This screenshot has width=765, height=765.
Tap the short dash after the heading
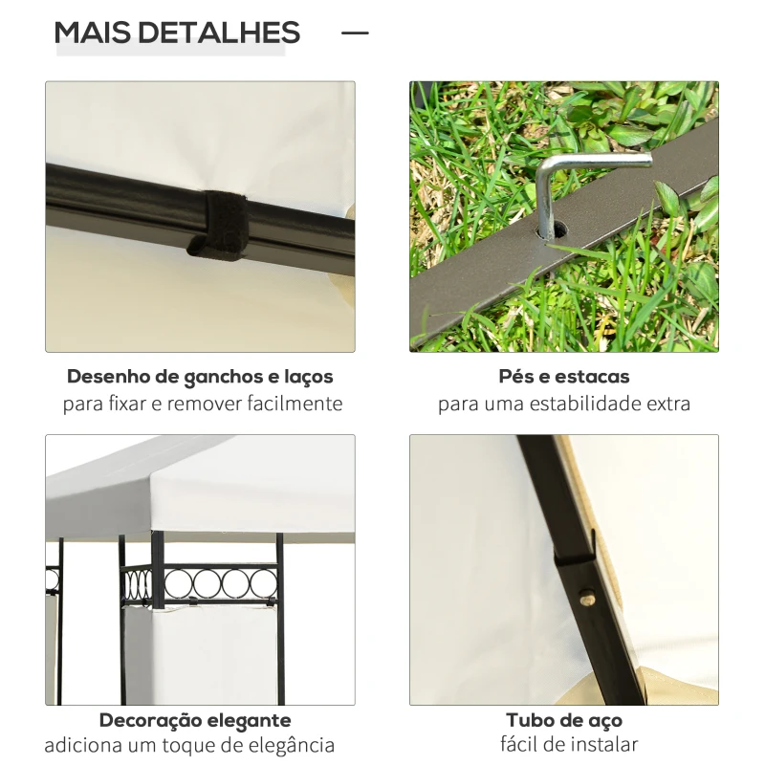[355, 33]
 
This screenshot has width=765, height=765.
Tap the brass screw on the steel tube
[588, 599]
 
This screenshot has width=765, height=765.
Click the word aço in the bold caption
[603, 721]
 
